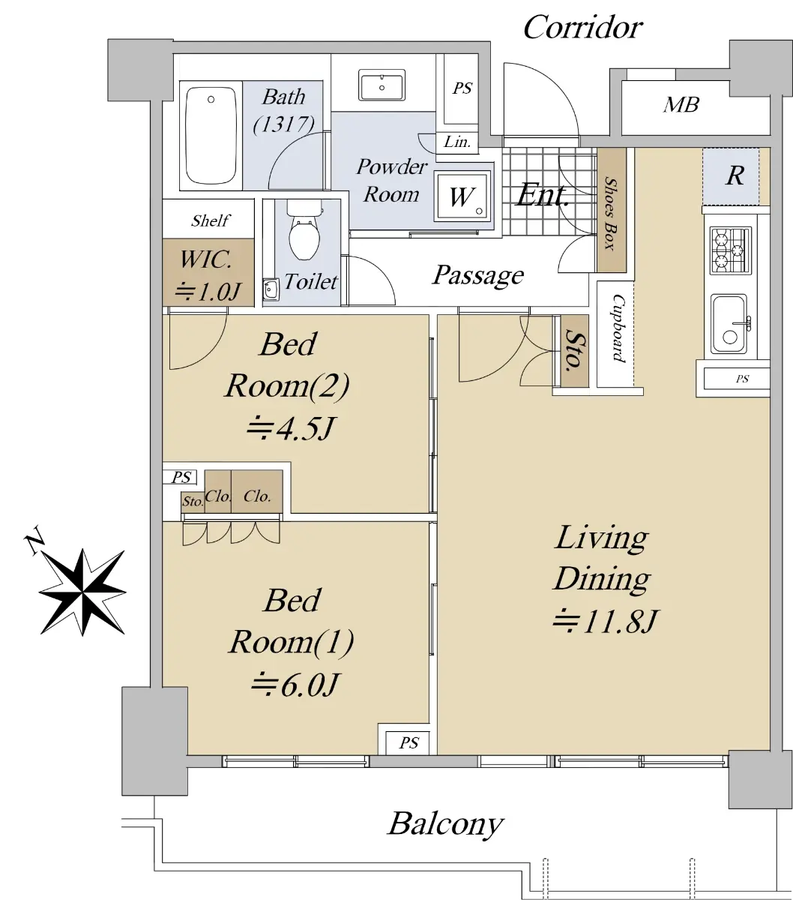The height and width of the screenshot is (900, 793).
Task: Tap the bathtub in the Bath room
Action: coord(211,135)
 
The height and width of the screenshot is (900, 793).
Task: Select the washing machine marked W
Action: coord(463,196)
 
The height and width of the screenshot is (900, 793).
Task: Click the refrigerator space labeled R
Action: coord(735,176)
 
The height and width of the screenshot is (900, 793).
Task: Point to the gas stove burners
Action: coord(730,250)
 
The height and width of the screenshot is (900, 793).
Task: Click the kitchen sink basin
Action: coord(729,323)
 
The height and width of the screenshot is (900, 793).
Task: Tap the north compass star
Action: coord(82,592)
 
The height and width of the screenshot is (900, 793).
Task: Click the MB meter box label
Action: coord(681,105)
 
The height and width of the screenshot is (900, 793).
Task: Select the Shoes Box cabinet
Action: coord(612,210)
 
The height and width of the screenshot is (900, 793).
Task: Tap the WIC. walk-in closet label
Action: coord(205,259)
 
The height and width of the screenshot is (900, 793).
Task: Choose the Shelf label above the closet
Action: coord(211,220)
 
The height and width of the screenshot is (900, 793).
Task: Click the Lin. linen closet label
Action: coord(457,142)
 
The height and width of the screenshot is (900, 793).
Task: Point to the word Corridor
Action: coord(583,28)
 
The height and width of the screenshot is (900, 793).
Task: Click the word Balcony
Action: coord(445,823)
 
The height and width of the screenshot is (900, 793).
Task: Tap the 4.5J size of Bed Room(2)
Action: coord(290,428)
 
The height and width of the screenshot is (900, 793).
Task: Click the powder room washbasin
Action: coord(382,85)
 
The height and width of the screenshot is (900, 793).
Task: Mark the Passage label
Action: coord(478,275)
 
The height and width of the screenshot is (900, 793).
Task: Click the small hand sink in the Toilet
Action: coord(271,289)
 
